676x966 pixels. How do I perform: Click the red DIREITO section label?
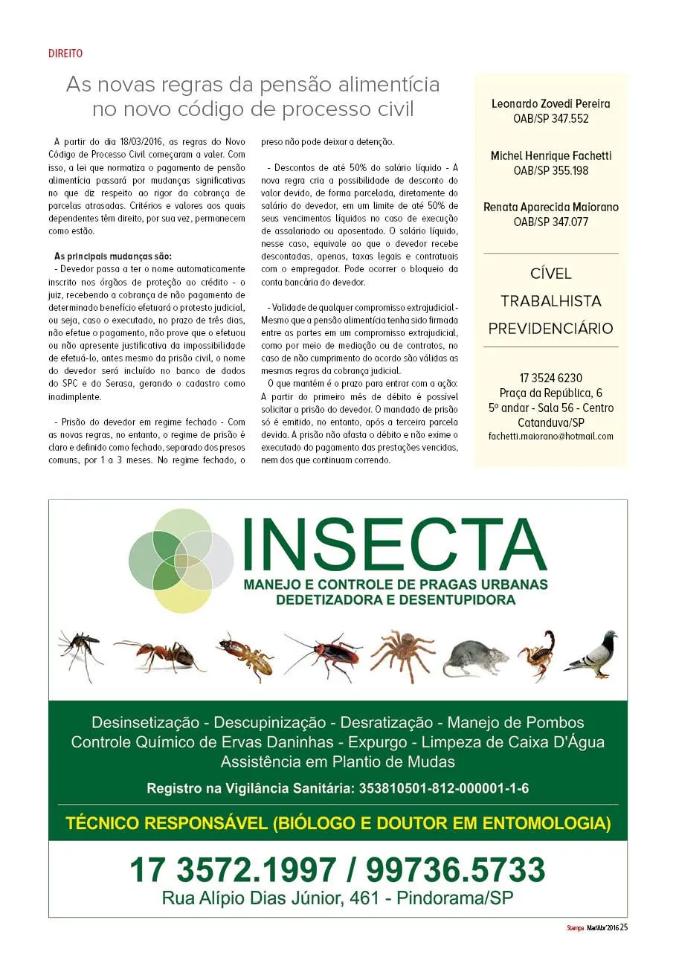[x=65, y=54]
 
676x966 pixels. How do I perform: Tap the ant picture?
[x=160, y=654]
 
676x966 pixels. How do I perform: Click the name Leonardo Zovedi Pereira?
[x=550, y=104]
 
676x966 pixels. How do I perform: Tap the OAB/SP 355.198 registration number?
[x=550, y=170]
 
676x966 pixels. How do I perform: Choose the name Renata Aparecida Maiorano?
[x=550, y=207]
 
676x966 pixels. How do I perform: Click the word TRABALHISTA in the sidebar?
[x=550, y=301]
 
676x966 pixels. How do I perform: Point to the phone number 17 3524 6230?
[x=550, y=378]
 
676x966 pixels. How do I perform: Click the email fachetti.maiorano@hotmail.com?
[x=550, y=437]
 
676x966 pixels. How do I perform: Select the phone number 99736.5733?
[x=455, y=869]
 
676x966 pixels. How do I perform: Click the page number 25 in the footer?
[x=625, y=927]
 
